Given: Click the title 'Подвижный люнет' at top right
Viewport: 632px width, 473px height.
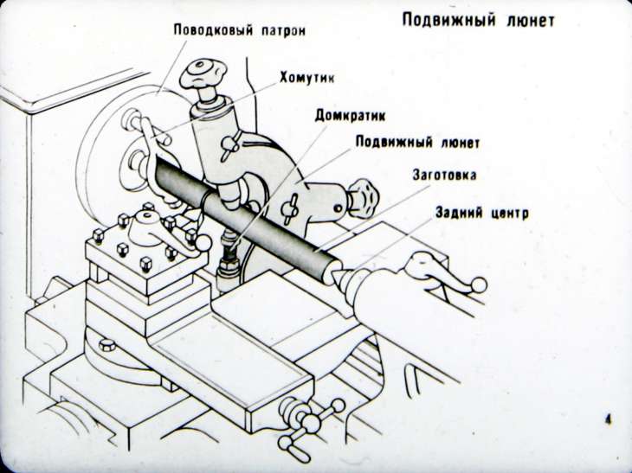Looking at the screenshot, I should click(x=477, y=19).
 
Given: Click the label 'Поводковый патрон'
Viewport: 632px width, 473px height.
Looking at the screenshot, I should click(x=240, y=30).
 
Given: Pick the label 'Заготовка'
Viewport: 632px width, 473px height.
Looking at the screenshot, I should click(x=443, y=176).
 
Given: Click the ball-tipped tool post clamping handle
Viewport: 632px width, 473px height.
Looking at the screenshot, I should click(x=201, y=245).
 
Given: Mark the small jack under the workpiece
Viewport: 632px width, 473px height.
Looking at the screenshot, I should click(x=227, y=253).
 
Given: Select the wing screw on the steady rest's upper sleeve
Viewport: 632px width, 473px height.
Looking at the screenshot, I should click(x=229, y=142).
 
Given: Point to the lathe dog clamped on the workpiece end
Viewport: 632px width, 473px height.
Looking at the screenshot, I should click(x=155, y=147).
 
